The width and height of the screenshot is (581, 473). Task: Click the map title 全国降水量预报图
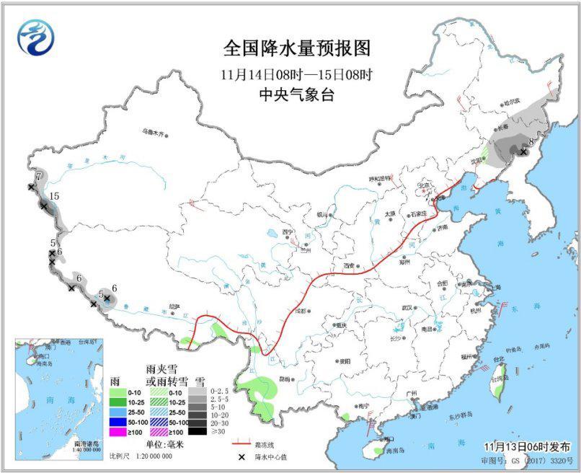tap(296, 49)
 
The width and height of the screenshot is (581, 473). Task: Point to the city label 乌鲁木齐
tap(153, 132)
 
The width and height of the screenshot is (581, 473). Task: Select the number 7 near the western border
tap(37, 175)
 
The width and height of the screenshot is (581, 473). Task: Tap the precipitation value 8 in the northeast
tap(531, 141)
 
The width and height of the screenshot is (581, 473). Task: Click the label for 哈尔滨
tap(512, 103)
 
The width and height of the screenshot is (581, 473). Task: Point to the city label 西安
tap(350, 265)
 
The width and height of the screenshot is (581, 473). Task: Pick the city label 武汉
tap(407, 309)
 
